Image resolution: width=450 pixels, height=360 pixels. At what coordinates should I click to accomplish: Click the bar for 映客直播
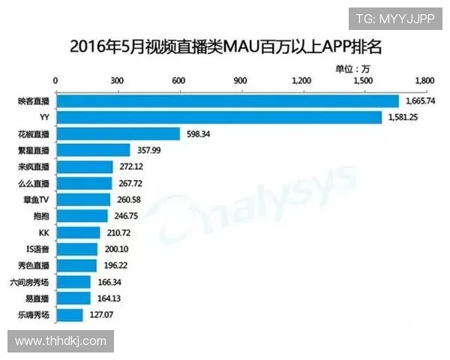tap(227, 100)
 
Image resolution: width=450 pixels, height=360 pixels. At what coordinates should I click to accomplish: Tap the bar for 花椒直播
tap(118, 133)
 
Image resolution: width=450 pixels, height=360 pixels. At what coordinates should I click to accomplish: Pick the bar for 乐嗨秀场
tap(70, 315)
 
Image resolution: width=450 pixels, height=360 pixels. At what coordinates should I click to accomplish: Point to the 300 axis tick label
tap(117, 80)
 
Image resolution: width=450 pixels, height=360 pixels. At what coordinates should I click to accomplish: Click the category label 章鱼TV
tap(36, 199)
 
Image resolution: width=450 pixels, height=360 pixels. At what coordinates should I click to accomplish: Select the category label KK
tap(43, 232)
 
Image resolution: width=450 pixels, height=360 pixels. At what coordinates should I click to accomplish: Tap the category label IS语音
tap(37, 249)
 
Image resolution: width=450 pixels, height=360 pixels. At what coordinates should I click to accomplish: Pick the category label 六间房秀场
tap(32, 282)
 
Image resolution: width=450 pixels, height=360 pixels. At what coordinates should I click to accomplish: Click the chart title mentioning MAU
tap(225, 46)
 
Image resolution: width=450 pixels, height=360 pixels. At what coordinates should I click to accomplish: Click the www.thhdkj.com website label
tap(61, 341)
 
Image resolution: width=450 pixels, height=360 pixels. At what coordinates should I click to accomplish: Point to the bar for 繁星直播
tap(93, 150)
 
